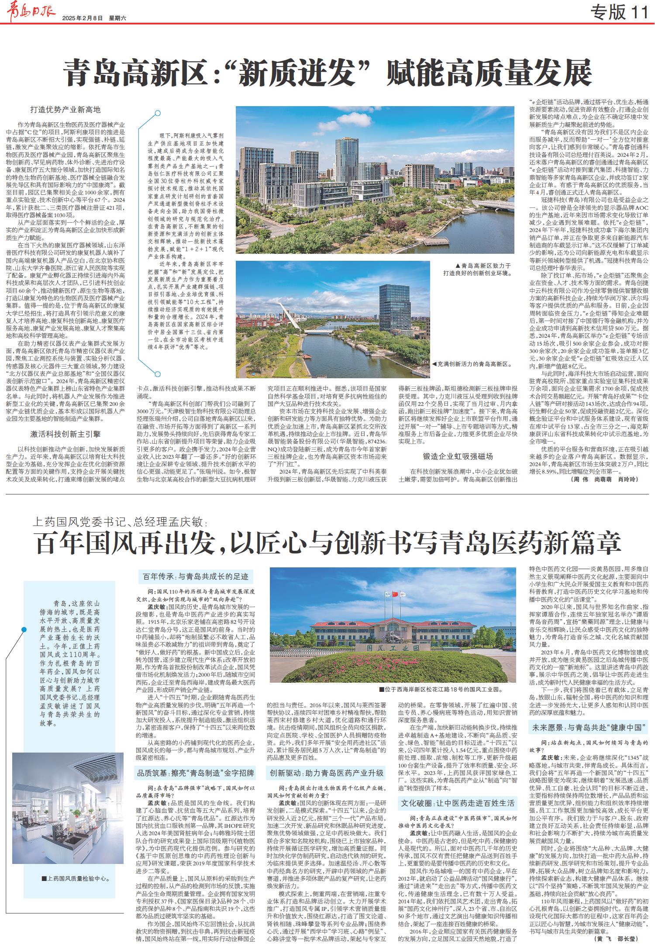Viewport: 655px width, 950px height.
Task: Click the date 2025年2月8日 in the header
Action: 82,18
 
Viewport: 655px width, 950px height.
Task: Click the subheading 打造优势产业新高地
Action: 65,110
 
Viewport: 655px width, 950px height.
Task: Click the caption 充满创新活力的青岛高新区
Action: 472,363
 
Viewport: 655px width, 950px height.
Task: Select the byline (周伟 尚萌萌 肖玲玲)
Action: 604,479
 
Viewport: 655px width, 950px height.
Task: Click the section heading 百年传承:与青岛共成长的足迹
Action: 196,577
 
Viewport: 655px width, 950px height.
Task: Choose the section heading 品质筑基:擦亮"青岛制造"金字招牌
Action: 196,773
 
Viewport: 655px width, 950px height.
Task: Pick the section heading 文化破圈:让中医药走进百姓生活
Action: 458,803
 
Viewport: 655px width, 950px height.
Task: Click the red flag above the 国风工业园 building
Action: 396,594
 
